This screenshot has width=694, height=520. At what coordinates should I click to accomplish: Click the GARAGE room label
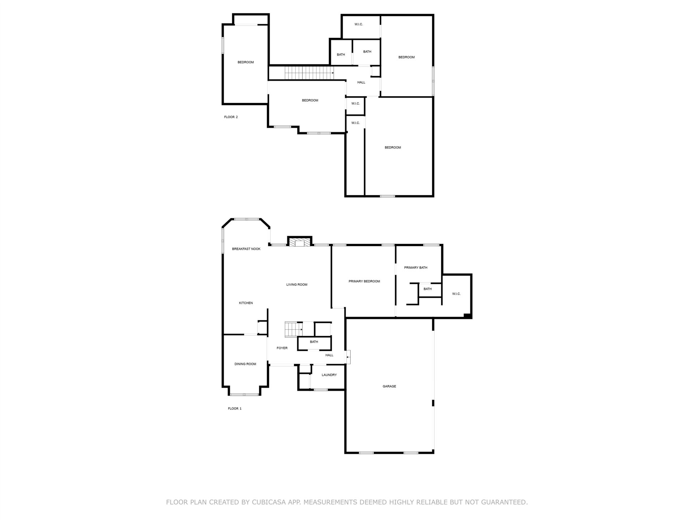(x=389, y=386)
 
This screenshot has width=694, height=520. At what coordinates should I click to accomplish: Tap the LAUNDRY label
(x=329, y=375)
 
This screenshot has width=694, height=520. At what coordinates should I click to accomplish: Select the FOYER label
(x=282, y=348)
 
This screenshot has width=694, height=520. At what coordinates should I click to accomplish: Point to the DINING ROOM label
(x=245, y=364)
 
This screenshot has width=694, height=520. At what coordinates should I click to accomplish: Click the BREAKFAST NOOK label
(x=246, y=249)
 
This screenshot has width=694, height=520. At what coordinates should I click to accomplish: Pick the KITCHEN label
(x=246, y=303)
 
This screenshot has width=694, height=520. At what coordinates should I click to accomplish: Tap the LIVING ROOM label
(x=297, y=285)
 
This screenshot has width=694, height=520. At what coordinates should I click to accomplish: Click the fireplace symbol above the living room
(x=300, y=242)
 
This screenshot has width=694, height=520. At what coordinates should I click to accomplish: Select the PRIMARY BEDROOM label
(x=364, y=281)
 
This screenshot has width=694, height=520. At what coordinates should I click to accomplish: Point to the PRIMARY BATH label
(x=416, y=268)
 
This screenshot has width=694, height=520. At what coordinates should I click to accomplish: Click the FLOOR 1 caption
(x=235, y=408)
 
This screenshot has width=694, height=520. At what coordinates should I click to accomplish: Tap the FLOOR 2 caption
(x=231, y=117)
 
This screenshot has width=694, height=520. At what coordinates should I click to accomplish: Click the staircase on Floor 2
(x=309, y=73)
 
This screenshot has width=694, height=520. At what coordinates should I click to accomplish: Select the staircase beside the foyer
(x=294, y=329)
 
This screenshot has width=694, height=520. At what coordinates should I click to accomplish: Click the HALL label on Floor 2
(x=361, y=82)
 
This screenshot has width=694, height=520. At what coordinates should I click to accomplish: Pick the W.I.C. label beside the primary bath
(x=456, y=294)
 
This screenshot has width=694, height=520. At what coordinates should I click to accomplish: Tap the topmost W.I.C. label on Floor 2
(x=359, y=24)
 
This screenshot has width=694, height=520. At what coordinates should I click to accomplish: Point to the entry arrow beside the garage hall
(x=348, y=357)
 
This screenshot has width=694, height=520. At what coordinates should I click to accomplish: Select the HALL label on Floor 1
(x=329, y=355)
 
